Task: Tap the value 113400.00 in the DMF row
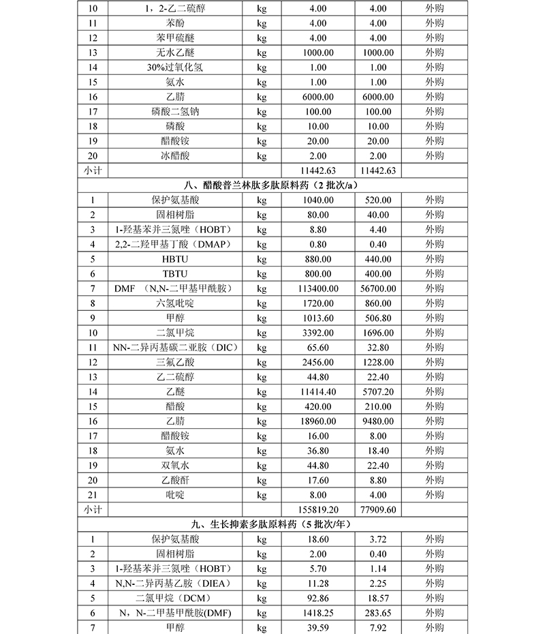pyautogui.click(x=319, y=288)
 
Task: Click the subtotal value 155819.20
pyautogui.click(x=319, y=509)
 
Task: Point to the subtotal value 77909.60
pyautogui.click(x=379, y=509)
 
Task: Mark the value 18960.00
pyautogui.click(x=319, y=421)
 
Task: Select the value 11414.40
pyautogui.click(x=319, y=392)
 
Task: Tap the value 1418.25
pyautogui.click(x=319, y=613)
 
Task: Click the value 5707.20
pyautogui.click(x=379, y=392)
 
